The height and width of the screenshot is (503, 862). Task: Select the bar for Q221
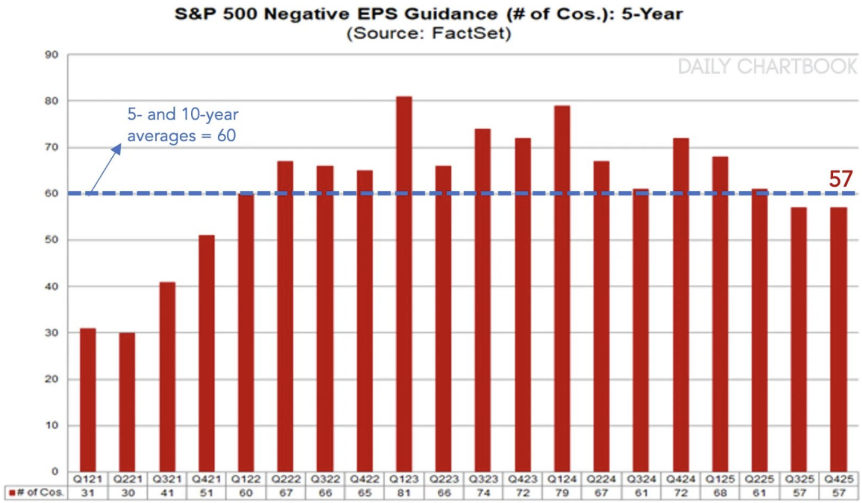(x=128, y=402)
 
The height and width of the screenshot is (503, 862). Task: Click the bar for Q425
(x=838, y=339)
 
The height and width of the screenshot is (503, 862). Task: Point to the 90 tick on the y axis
(x=52, y=55)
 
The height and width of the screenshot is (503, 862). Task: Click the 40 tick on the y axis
(x=52, y=286)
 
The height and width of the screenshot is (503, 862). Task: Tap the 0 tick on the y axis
(x=54, y=471)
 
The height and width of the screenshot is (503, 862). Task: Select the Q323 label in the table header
(x=483, y=479)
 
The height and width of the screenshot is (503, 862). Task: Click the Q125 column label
(x=720, y=479)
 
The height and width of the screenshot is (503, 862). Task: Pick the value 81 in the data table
(x=404, y=493)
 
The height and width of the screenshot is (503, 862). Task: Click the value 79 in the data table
(x=562, y=493)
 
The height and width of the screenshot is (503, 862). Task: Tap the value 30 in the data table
(x=128, y=493)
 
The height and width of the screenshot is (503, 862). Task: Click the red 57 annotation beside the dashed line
(x=840, y=179)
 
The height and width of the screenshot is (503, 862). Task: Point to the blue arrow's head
(x=118, y=148)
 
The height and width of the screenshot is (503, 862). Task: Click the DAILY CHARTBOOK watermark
(x=767, y=67)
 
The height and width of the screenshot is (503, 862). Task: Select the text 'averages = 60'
(x=181, y=136)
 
